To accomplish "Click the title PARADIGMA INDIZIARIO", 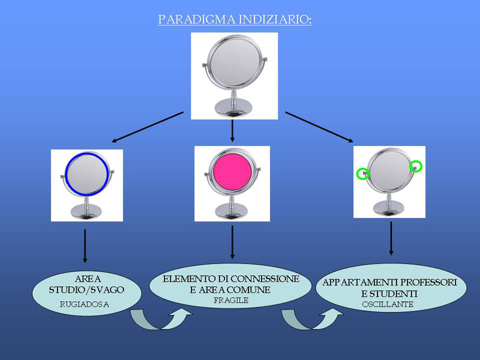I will [235, 20].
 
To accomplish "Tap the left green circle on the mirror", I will [362, 174].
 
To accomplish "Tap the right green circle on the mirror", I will [416, 165].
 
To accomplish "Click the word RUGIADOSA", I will [85, 304].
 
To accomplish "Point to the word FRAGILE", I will [231, 301].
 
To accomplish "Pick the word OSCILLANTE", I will [388, 305].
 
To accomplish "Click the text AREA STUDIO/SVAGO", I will [87, 285].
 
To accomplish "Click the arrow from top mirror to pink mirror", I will [232, 131].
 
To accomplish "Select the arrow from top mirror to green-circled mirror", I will [319, 127].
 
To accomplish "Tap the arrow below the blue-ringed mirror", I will [85, 245].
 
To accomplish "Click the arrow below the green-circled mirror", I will [391, 239].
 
